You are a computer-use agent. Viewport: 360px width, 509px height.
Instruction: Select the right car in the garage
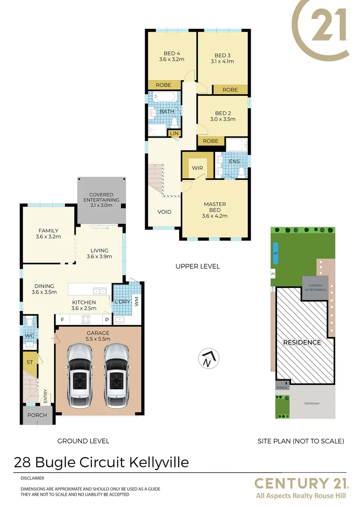[116, 376]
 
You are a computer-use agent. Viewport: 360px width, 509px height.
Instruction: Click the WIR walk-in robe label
[196, 168]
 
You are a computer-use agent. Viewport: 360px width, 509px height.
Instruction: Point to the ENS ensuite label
[234, 161]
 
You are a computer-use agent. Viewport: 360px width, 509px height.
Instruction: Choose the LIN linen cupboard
[174, 134]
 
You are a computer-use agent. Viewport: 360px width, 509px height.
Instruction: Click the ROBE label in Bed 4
[164, 85]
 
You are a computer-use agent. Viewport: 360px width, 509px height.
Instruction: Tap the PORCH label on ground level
[37, 415]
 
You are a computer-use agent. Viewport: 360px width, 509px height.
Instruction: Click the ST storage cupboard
[29, 362]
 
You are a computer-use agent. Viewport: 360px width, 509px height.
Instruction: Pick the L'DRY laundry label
[122, 301]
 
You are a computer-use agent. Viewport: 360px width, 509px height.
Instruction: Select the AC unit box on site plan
[272, 273]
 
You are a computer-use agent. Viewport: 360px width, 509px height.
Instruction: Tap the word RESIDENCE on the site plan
[302, 343]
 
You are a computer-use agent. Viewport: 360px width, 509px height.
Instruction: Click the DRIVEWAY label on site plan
[311, 404]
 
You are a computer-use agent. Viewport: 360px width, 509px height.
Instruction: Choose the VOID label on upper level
[164, 212]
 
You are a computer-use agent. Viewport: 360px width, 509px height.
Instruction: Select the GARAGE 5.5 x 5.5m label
[98, 336]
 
